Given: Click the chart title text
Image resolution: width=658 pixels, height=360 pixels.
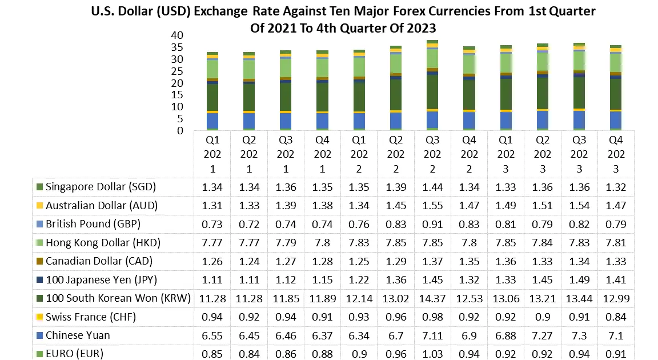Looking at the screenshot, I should (343, 19).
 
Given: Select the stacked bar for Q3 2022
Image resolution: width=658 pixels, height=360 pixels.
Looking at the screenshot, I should (432, 86).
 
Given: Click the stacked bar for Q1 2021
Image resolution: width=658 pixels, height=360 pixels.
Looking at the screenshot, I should (212, 91).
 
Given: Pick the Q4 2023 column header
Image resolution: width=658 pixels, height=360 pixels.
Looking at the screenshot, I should (616, 154).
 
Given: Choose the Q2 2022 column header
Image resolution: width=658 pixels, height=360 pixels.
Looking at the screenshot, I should (395, 154).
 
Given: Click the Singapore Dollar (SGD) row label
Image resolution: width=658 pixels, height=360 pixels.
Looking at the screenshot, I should (101, 187).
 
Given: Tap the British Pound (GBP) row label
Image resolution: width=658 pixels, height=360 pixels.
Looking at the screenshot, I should (93, 224).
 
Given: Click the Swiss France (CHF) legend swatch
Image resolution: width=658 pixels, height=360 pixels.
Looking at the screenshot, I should (39, 317).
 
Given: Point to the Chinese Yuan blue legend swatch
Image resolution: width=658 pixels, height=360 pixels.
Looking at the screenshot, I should (39, 335).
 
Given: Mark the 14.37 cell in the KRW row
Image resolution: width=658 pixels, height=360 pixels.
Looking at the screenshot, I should (432, 298).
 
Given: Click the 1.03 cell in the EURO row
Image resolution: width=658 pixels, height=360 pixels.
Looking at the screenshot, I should (432, 353).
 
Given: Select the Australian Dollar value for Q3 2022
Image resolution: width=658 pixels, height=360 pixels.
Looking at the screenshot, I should (432, 206).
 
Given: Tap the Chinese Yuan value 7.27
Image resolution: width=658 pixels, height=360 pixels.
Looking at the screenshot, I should (542, 335).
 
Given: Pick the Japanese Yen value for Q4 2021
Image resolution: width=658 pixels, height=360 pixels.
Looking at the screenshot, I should (322, 279).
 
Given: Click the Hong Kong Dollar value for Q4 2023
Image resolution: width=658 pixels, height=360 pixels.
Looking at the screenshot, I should (616, 242).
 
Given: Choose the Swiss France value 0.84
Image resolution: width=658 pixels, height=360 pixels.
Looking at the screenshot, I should (616, 317).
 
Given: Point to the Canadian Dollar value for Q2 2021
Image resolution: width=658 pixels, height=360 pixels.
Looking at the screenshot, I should (249, 261).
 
